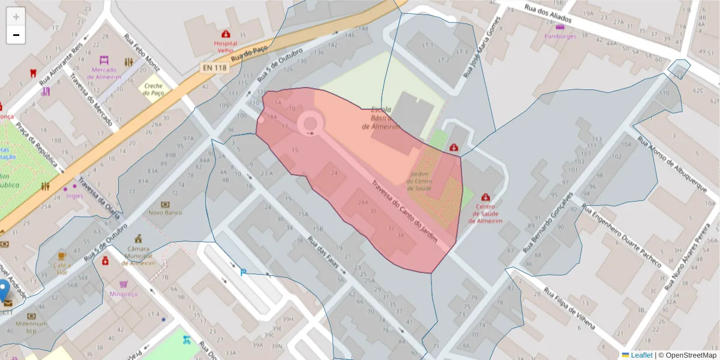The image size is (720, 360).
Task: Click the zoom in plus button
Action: point(16,17)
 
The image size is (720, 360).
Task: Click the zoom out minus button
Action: point(16,35)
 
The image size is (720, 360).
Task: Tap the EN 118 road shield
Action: point(214,68)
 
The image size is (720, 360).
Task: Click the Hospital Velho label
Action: point(226,47)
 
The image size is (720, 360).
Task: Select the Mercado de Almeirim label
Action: point(106,73)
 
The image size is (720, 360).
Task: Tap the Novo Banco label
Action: point(165,212)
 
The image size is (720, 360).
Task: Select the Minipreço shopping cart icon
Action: point(124,284)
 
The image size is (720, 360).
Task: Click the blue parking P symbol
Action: point(243,272)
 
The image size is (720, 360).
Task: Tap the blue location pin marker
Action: point(4,290)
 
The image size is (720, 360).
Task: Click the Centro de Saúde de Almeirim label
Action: point(484,214)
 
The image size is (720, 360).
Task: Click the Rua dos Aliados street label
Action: point(548,16)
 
